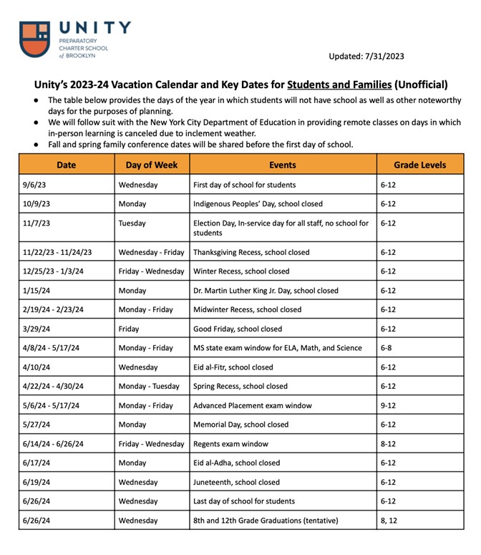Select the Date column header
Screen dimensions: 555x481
click(66, 165)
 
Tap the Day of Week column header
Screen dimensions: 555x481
click(151, 165)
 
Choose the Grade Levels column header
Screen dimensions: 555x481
click(419, 165)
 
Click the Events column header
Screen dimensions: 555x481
click(282, 165)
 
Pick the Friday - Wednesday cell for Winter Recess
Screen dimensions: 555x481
click(151, 271)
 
